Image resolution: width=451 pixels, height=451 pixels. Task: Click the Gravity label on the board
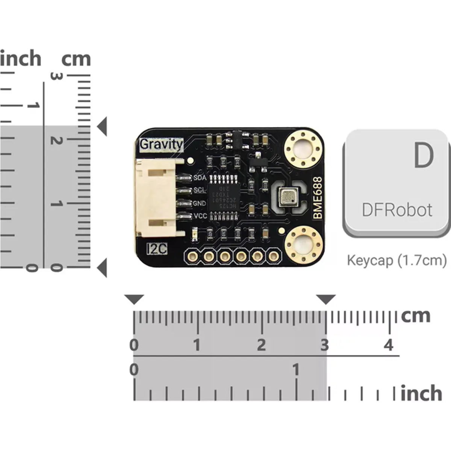161,144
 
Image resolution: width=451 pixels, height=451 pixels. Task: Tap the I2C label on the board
157,248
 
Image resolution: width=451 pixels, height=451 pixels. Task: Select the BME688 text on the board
318,198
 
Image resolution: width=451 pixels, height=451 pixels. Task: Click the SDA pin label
200,178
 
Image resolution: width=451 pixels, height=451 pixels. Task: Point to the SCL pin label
200,190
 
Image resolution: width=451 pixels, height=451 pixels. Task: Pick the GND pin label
200,203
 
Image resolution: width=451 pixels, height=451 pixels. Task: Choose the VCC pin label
200,216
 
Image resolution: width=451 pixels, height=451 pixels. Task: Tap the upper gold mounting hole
304,150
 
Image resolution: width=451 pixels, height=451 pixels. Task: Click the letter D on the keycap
424,155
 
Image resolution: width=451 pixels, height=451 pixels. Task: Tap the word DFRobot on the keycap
397,210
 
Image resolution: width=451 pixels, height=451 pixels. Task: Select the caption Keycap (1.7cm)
397,260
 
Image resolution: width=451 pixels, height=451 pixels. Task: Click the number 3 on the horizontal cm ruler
325,345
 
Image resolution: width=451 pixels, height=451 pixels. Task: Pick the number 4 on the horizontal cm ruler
389,345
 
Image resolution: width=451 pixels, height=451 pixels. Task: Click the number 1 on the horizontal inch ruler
296,370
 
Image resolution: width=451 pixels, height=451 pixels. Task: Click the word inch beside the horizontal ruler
421,393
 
